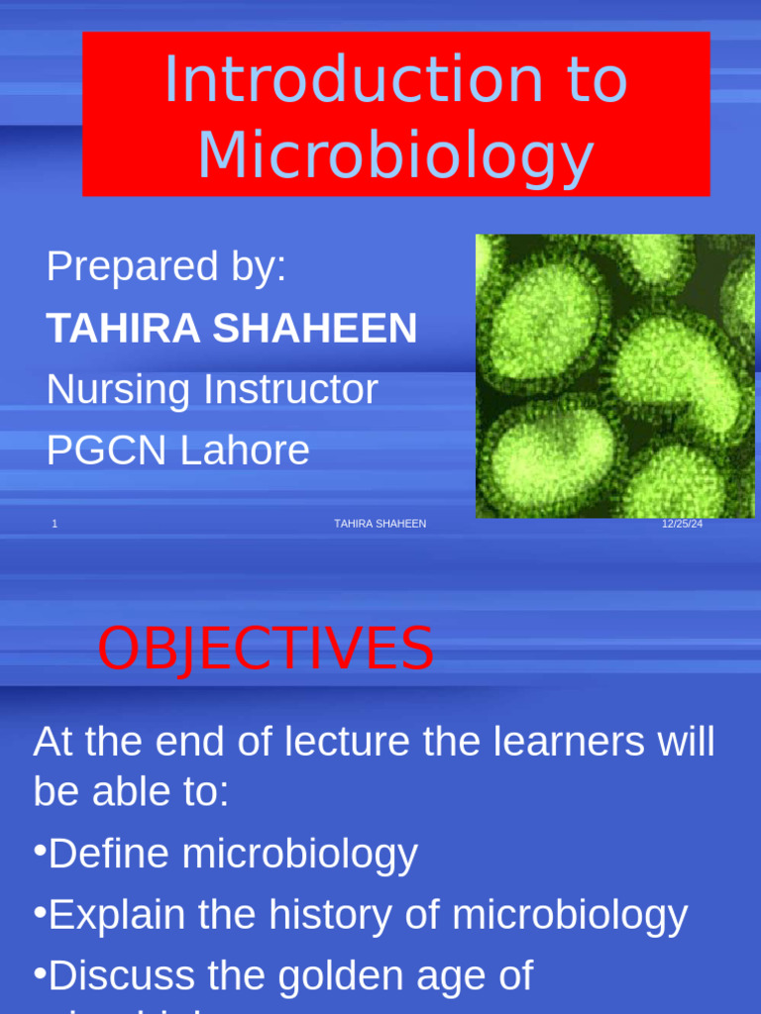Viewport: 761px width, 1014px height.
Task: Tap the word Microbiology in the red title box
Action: tap(395, 156)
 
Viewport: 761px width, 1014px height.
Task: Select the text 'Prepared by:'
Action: tap(166, 266)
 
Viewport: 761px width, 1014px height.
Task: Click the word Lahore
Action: tap(244, 451)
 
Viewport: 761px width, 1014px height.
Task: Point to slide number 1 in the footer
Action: tap(54, 524)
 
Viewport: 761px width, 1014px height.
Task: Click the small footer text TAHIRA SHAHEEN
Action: tap(380, 524)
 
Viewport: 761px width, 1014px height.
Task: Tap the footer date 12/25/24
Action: tap(682, 524)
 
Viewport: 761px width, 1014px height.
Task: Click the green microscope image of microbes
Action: tap(614, 376)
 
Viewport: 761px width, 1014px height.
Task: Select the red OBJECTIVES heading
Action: tap(266, 650)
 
